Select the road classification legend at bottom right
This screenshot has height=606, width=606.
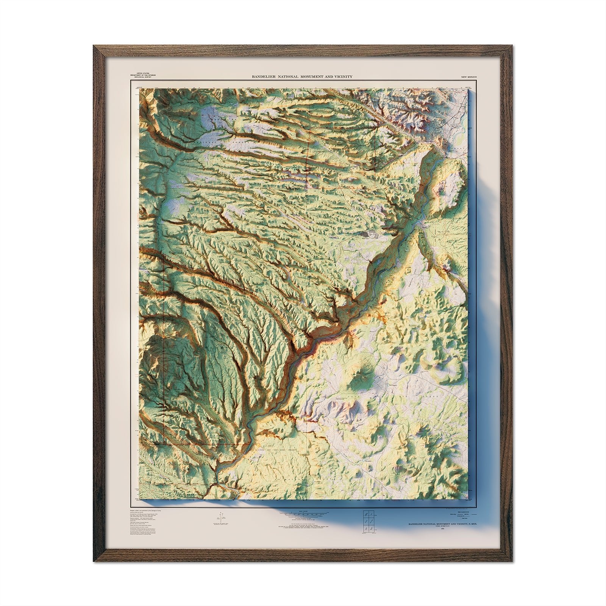tap(462, 515)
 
